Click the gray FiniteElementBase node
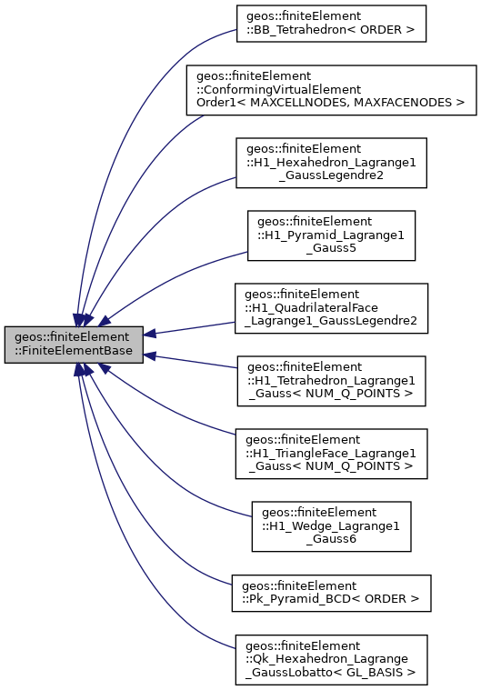click(74, 345)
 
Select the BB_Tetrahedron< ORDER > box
click(331, 23)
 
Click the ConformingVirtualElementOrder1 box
click(331, 89)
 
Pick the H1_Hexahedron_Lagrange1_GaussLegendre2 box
click(331, 163)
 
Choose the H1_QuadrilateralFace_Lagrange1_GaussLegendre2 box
click(331, 307)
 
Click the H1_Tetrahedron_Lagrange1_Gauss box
click(331, 380)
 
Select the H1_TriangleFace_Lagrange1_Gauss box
click(331, 453)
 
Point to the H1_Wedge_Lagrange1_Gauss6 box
click(331, 525)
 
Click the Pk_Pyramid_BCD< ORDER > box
click(331, 592)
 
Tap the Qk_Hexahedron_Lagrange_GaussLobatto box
click(331, 659)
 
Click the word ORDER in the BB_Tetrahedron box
click(382, 29)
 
